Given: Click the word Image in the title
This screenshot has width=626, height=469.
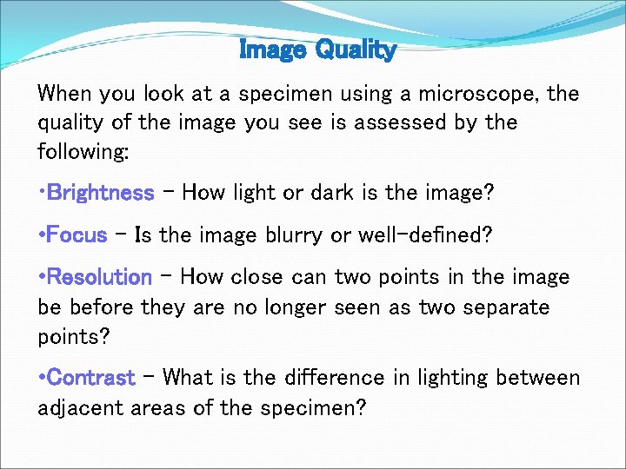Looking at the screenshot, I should [272, 50].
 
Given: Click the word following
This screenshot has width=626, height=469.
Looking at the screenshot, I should [83, 152].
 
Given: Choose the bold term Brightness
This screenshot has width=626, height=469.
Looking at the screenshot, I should [101, 192].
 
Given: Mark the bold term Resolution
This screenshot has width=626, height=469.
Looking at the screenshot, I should [100, 277].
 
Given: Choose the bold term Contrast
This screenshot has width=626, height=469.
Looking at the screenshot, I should [91, 378].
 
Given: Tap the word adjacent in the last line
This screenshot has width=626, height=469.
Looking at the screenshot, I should [80, 407].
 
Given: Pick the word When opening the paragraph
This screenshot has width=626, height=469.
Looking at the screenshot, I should [63, 94].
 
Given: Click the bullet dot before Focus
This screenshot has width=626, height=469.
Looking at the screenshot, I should [41, 234].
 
